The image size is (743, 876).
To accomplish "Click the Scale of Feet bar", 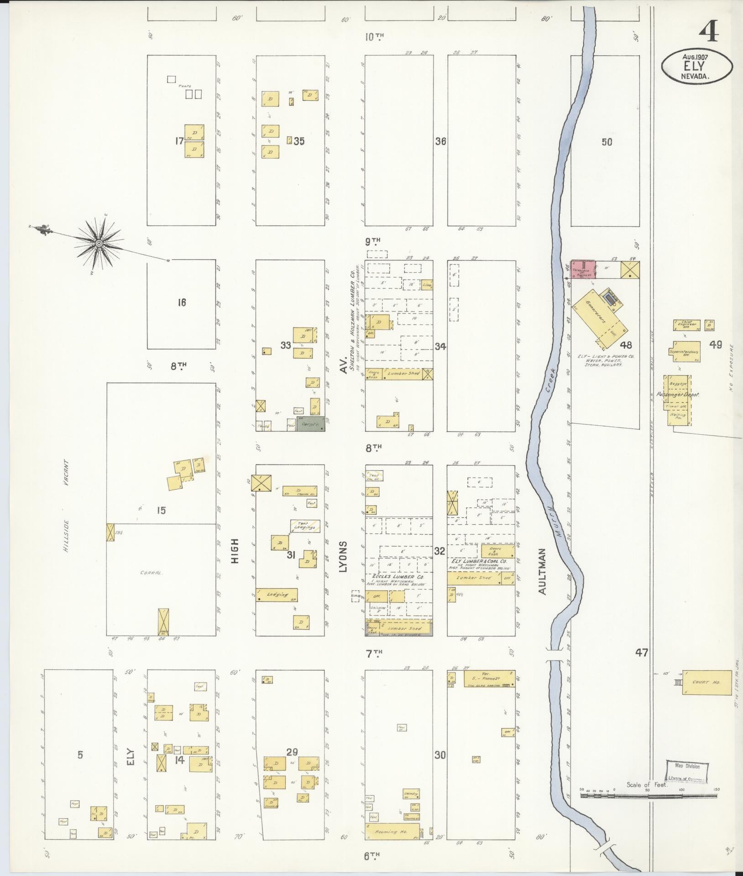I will point(648,795).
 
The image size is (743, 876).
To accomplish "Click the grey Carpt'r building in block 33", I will point(311,425).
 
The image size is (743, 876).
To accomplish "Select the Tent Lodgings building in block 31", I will point(305,526).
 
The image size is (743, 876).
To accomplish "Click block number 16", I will point(182,302).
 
